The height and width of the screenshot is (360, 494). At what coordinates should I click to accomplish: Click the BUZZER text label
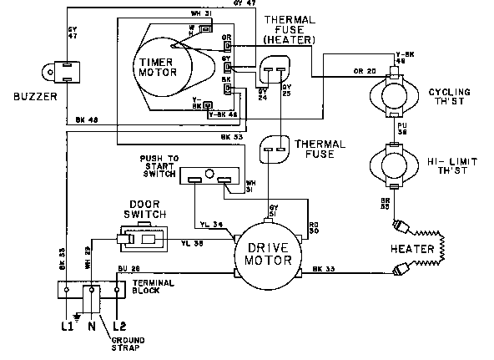point(30,97)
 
